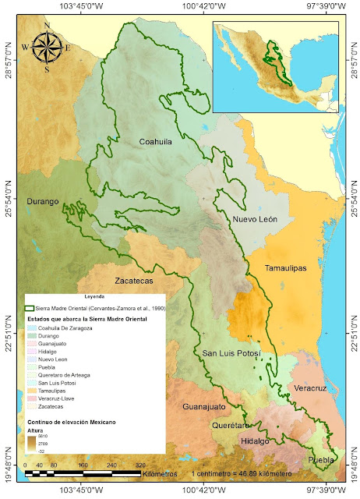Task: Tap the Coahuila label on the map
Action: point(154,143)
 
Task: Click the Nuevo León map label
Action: point(256,221)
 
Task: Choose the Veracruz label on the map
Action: point(315,387)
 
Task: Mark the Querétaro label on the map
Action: point(235,426)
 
